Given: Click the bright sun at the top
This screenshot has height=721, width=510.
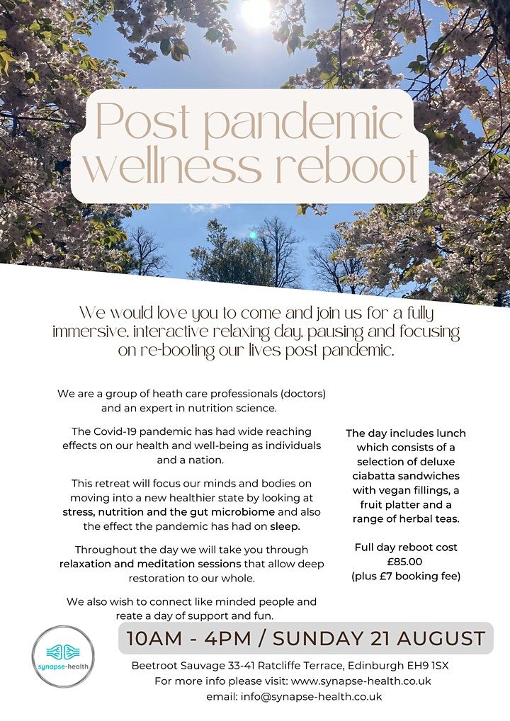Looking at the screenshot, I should coord(256,12).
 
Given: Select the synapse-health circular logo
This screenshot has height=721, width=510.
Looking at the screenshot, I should coord(62,656).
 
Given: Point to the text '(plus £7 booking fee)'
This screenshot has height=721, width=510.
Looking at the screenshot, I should coord(406,576).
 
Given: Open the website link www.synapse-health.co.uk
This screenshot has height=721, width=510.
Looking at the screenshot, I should coord(361,681).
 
